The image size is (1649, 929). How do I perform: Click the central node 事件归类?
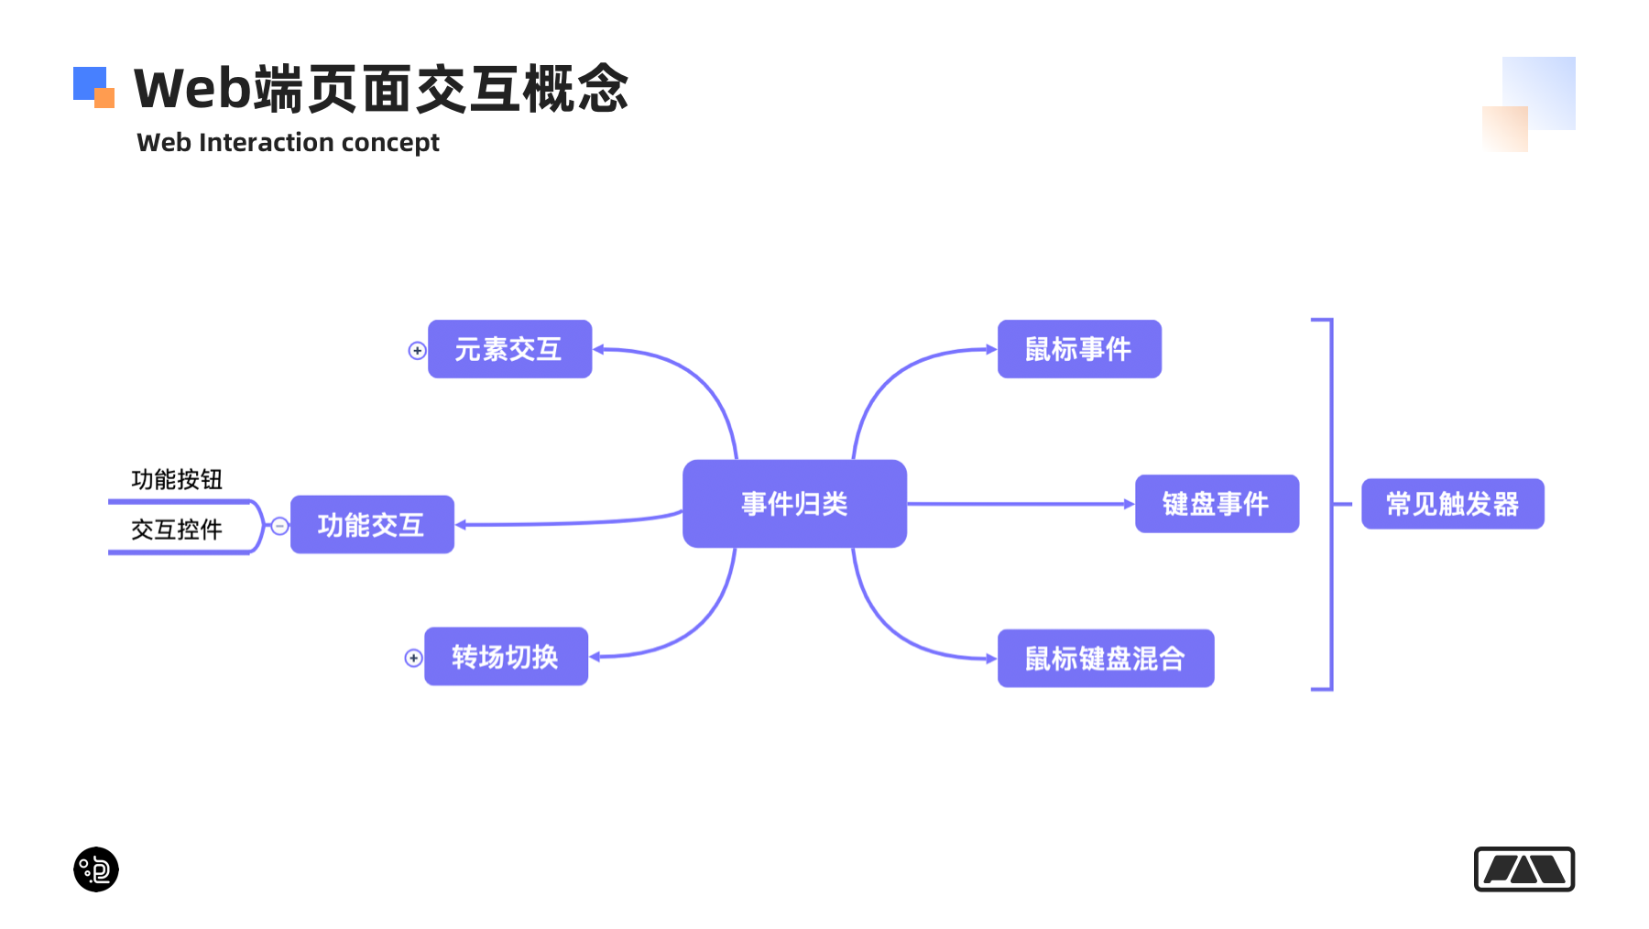pyautogui.click(x=794, y=504)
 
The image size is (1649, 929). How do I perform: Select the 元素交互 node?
pyautogui.click(x=509, y=349)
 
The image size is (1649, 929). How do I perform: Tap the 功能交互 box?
pyautogui.click(x=372, y=525)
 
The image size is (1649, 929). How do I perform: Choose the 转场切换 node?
pyautogui.click(x=506, y=657)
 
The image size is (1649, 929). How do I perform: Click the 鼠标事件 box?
pyautogui.click(x=1079, y=349)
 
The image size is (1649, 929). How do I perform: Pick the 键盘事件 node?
pyautogui.click(x=1217, y=504)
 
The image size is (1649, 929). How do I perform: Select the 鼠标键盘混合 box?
pyautogui.click(x=1105, y=659)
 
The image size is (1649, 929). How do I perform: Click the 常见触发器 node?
pyautogui.click(x=1452, y=504)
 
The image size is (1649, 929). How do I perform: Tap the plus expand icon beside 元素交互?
pyautogui.click(x=417, y=351)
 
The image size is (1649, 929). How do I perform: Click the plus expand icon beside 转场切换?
pyautogui.click(x=413, y=658)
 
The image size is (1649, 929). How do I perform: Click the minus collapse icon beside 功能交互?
pyautogui.click(x=279, y=526)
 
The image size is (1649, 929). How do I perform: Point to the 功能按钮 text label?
pyautogui.click(x=177, y=479)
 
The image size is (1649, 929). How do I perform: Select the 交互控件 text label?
pyautogui.click(x=177, y=530)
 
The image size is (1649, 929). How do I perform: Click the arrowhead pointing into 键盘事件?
pyautogui.click(x=1129, y=504)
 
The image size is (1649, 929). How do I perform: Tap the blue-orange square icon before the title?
pyautogui.click(x=93, y=87)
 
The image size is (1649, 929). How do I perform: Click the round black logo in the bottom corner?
pyautogui.click(x=96, y=869)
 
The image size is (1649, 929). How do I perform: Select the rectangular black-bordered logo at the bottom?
pyautogui.click(x=1523, y=869)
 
